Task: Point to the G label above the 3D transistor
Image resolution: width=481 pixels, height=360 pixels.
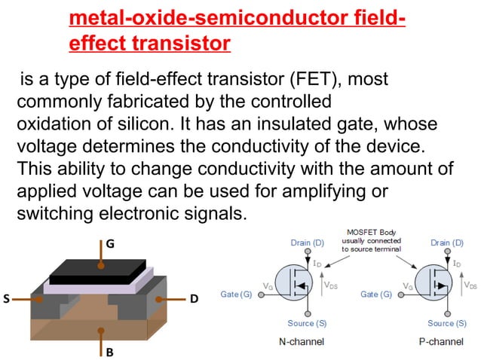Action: (x=110, y=243)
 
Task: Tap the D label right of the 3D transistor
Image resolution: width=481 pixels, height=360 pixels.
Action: (x=194, y=299)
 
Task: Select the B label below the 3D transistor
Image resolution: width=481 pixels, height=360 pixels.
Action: (x=109, y=352)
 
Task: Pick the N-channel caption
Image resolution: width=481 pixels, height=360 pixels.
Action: (x=297, y=341)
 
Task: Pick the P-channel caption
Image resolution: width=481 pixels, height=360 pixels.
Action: (x=441, y=341)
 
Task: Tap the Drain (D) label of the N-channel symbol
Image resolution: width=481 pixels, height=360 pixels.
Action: (x=307, y=243)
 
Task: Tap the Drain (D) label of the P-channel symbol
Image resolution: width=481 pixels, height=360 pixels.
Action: (x=447, y=243)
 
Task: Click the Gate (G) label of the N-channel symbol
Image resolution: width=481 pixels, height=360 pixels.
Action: (x=236, y=294)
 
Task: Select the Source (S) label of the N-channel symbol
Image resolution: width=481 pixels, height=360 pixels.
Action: (x=307, y=323)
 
